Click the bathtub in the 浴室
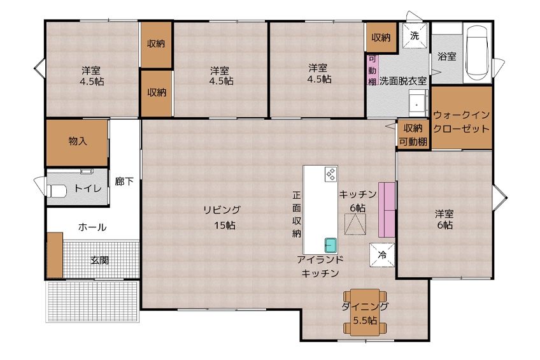[x=477, y=52]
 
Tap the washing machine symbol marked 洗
[x=415, y=36]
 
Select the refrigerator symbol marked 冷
[x=382, y=255]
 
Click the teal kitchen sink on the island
[x=330, y=245]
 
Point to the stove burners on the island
[x=330, y=174]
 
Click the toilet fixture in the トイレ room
[x=57, y=191]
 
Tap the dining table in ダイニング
[x=365, y=312]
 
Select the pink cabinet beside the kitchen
[x=387, y=210]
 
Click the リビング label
[x=222, y=210]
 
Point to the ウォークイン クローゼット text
[x=461, y=122]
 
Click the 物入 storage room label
[x=78, y=141]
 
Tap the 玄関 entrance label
[x=100, y=260]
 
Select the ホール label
[x=92, y=227]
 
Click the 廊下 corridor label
[x=124, y=181]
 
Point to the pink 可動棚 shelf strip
[x=373, y=70]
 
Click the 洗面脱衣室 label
[x=403, y=81]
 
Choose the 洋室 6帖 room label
[x=444, y=219]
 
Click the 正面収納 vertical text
[x=297, y=214]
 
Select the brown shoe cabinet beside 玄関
[x=55, y=255]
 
